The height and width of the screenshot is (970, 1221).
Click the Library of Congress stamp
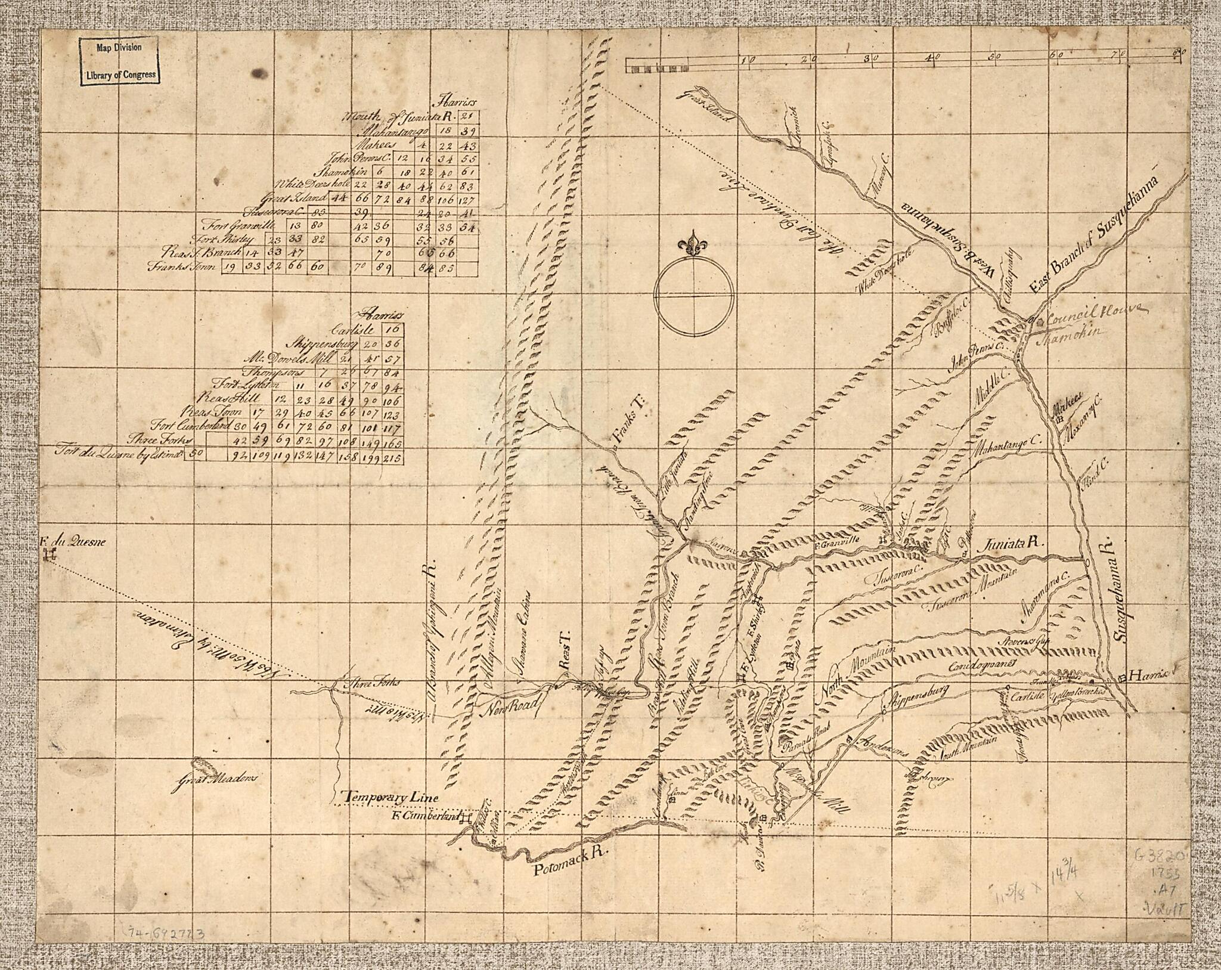tap(120, 60)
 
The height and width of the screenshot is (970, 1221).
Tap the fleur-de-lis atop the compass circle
tap(692, 246)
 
